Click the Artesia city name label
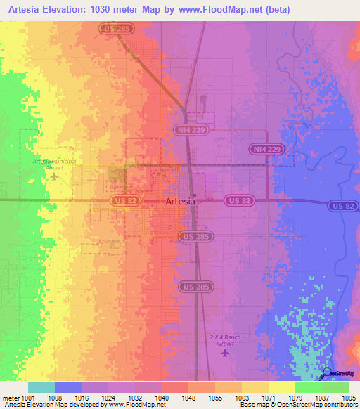coord(180,201)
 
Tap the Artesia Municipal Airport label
coord(53,164)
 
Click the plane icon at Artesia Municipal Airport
coord(54,176)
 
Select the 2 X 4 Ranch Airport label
coord(225,340)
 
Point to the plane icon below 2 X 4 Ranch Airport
coord(225,352)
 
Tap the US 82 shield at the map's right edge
coord(343,205)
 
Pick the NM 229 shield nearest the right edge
coord(266,150)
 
